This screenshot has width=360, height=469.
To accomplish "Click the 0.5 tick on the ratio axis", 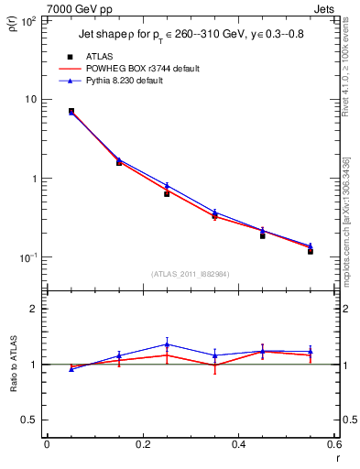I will click(x=28, y=420).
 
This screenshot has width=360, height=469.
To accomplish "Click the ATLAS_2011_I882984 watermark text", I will click(x=190, y=273).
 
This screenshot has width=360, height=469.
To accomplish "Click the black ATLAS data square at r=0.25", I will click(x=167, y=194).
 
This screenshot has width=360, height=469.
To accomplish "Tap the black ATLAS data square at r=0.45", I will click(x=262, y=235).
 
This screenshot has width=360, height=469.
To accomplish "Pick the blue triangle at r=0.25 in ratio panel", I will click(x=167, y=344).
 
